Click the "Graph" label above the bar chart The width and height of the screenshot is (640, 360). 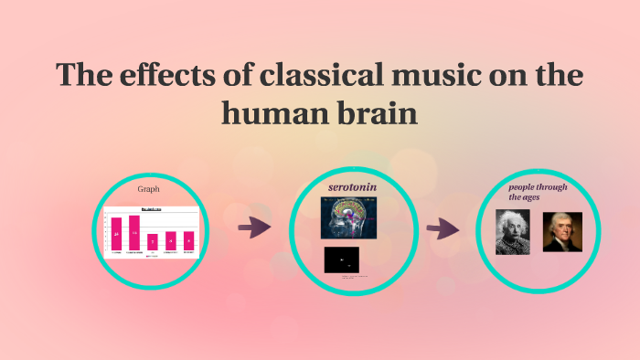coord(148,189)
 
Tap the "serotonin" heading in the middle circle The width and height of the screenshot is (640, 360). coord(353,186)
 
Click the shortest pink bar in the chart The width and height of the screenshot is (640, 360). coord(153,241)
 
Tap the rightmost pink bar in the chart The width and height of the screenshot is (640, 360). coord(188,239)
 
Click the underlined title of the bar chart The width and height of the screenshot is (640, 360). coord(151,210)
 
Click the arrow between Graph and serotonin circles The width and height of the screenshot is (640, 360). coord(254,228)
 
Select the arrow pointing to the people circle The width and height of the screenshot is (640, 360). coord(443,228)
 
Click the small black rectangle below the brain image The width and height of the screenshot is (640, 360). coord(341,259)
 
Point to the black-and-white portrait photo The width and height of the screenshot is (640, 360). coord(513,232)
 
